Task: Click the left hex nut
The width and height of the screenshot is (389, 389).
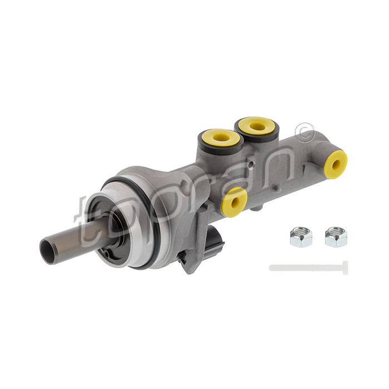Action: pos(301,237)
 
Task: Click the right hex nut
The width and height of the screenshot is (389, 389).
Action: pos(336,237)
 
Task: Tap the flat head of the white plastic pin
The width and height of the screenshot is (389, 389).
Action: pos(345,268)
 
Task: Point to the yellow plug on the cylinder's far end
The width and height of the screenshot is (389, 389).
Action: pos(336,164)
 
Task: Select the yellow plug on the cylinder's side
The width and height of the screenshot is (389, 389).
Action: pos(234,202)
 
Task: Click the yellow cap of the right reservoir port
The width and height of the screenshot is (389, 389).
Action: pos(257,126)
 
